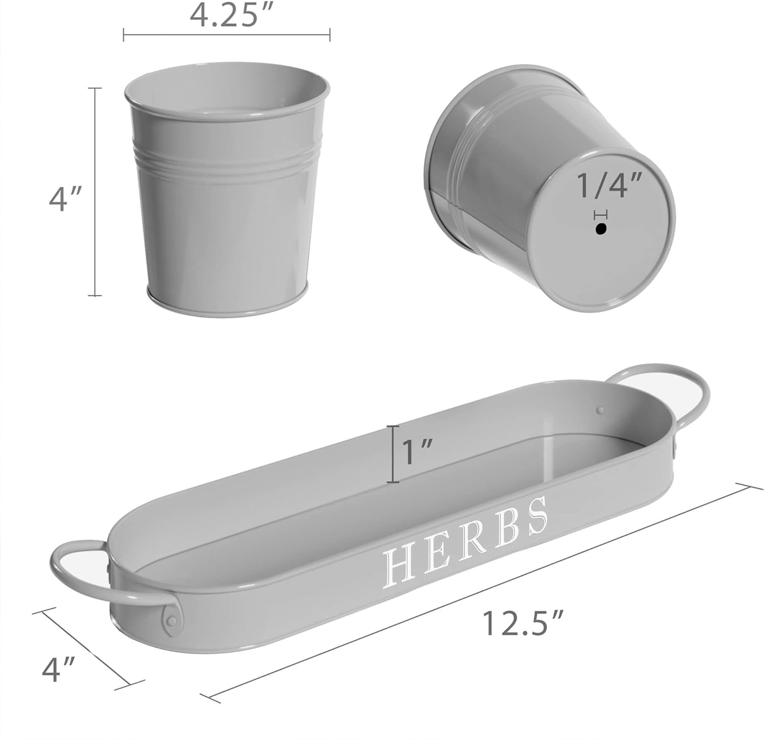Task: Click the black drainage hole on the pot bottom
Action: click(600, 230)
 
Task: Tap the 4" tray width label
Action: click(58, 669)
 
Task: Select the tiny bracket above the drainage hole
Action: click(600, 215)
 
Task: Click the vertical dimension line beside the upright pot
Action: click(95, 191)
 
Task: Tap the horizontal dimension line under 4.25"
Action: click(227, 35)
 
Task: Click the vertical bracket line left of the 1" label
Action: click(392, 454)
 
